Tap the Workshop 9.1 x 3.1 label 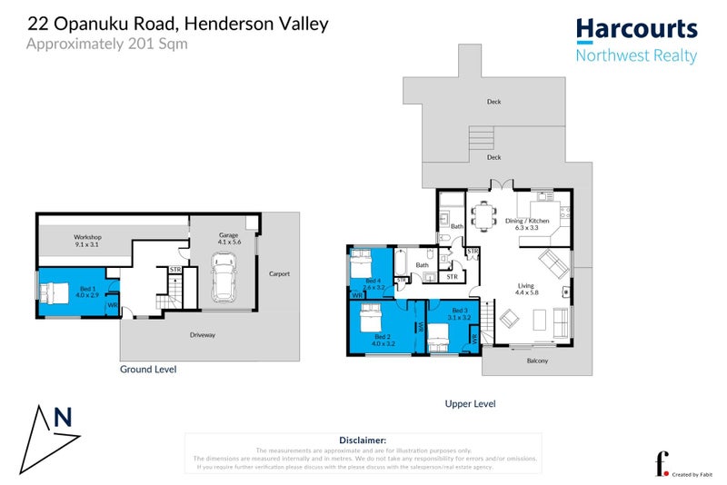click(88, 242)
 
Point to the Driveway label click(203, 335)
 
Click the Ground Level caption click(148, 370)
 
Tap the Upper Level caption click(470, 403)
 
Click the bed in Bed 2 click(372, 320)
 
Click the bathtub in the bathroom click(401, 266)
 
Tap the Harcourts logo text click(636, 30)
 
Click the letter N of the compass click(63, 418)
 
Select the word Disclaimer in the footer click(362, 439)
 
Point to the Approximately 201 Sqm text click(107, 43)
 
